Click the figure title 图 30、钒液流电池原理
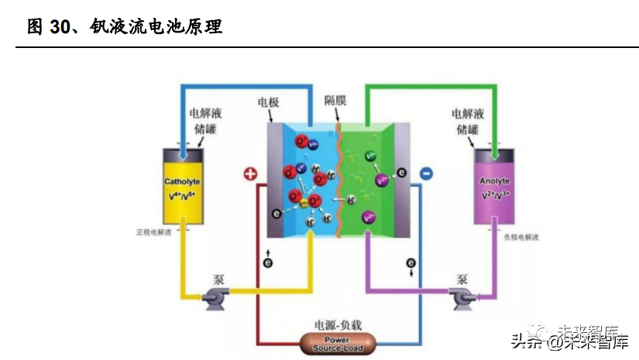(x=125, y=27)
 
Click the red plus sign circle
(x=249, y=174)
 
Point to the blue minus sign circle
(x=425, y=174)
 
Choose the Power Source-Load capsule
(x=336, y=344)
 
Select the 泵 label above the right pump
(x=462, y=278)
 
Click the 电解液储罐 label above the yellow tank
(x=205, y=121)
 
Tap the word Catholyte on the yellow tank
(x=182, y=182)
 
